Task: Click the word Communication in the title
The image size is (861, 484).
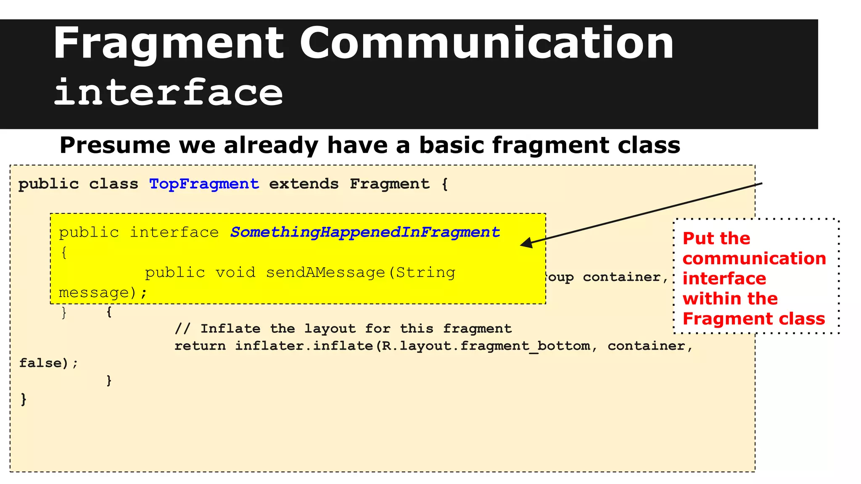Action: click(486, 43)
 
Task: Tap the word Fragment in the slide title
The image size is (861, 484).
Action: click(169, 43)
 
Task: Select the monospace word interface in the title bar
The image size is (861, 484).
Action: click(169, 92)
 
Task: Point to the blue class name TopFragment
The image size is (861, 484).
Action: click(204, 184)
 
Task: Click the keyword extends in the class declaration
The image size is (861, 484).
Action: click(304, 184)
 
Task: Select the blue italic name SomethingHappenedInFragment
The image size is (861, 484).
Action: click(365, 232)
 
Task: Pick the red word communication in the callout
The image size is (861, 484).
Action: click(754, 258)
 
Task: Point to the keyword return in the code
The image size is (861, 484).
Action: click(200, 346)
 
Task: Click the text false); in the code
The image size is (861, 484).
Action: click(48, 363)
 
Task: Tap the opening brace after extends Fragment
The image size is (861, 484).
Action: click(445, 184)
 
